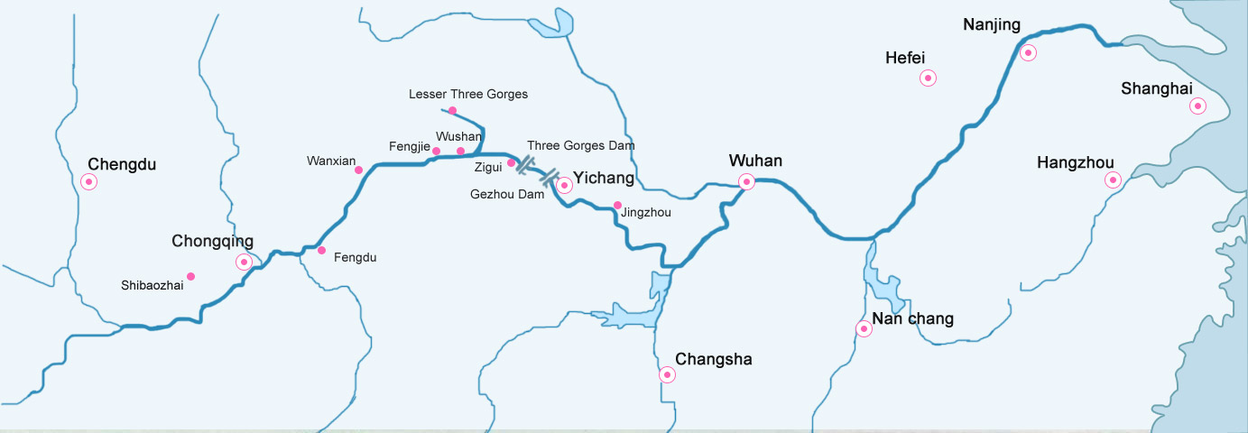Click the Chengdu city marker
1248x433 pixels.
[x=88, y=182]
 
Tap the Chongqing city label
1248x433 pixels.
[x=212, y=241]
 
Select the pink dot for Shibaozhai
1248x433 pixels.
[x=190, y=276]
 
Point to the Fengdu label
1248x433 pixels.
[x=355, y=257]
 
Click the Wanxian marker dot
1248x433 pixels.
[x=358, y=170]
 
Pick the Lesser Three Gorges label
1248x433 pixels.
[x=467, y=94]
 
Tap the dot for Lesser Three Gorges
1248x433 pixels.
[x=452, y=111]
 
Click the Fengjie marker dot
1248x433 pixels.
[x=436, y=151]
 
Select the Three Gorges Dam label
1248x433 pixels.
[x=580, y=144]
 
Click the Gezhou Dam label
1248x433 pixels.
[x=507, y=194]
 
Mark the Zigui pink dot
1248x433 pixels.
[x=511, y=163]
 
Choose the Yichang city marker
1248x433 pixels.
[x=564, y=185]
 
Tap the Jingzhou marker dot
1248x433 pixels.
[x=617, y=205]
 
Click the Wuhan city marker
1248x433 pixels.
[x=746, y=182]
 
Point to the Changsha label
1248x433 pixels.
[x=713, y=359]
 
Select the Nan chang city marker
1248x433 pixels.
[x=864, y=329]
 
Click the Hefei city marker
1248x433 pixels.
[x=928, y=78]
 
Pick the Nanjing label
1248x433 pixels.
[x=991, y=25]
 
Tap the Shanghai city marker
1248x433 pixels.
[x=1197, y=106]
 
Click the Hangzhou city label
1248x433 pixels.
[x=1075, y=162]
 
